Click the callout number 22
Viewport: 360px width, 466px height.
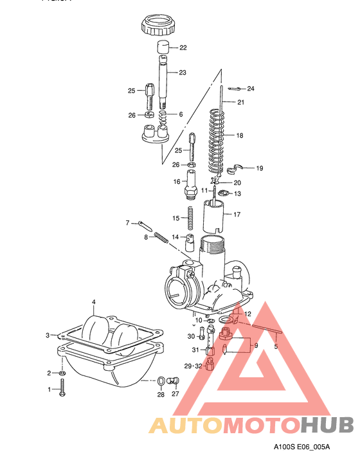[183, 48]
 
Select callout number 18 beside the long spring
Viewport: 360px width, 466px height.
[240, 136]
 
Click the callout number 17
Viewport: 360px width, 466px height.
[237, 214]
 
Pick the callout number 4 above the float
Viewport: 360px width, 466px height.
[93, 301]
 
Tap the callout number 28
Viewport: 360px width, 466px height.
[161, 395]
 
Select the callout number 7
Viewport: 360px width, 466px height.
[127, 223]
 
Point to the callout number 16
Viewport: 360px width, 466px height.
[176, 182]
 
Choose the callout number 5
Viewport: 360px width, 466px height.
[276, 346]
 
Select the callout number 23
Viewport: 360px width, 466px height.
[183, 73]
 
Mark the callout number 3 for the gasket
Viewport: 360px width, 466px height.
[48, 335]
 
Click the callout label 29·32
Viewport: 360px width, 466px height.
[193, 365]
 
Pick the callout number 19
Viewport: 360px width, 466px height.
[260, 168]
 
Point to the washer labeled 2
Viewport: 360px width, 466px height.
[62, 373]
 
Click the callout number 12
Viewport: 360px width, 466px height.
[248, 314]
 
